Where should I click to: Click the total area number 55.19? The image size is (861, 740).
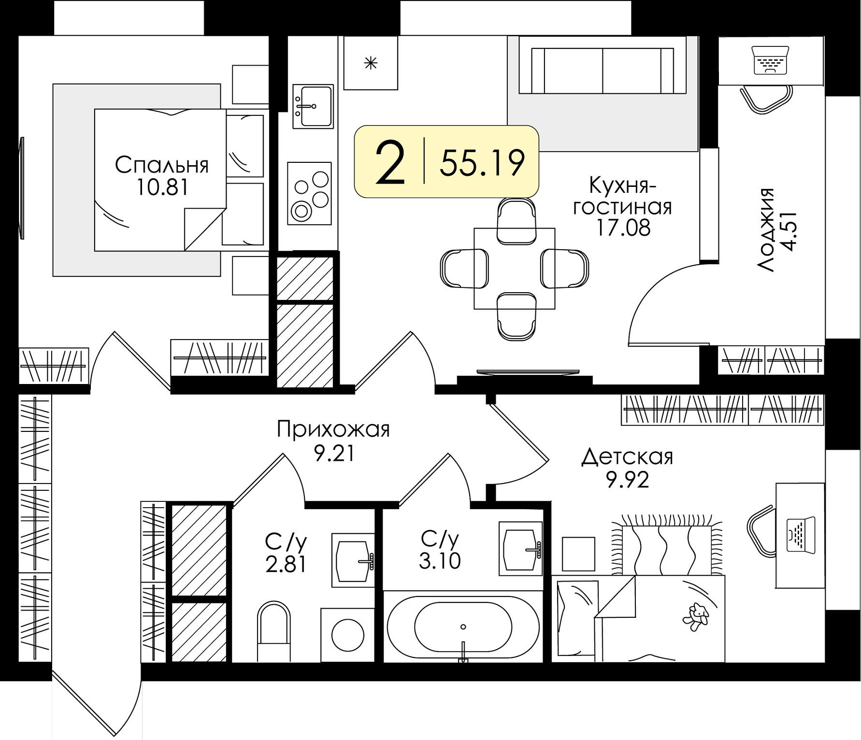pyautogui.click(x=482, y=162)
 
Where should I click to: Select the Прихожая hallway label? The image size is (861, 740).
pyautogui.click(x=333, y=429)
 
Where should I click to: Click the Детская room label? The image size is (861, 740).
pyautogui.click(x=627, y=456)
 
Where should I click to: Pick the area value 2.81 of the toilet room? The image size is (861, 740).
pyautogui.click(x=286, y=564)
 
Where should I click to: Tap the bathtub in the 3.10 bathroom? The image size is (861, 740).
pyautogui.click(x=463, y=627)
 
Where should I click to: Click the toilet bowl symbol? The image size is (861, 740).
pyautogui.click(x=274, y=631)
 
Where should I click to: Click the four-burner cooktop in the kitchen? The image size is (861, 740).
pyautogui.click(x=310, y=193)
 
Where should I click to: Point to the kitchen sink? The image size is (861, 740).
pyautogui.click(x=313, y=106)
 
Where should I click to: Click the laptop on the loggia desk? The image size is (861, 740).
pyautogui.click(x=770, y=60)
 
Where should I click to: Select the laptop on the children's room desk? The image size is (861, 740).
pyautogui.click(x=801, y=535)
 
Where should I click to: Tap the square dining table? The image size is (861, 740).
pyautogui.click(x=514, y=269)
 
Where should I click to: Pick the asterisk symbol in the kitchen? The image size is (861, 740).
pyautogui.click(x=371, y=63)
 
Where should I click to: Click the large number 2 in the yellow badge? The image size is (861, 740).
pyautogui.click(x=389, y=162)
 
